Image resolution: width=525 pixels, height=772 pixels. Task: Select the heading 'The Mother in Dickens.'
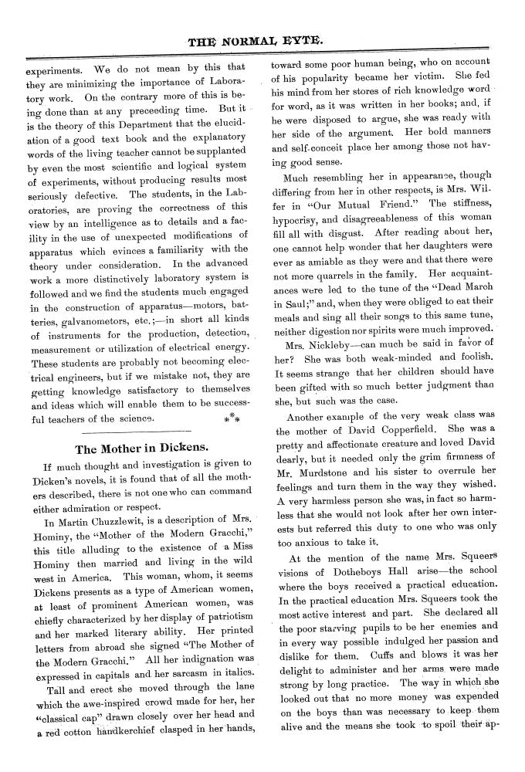tap(141, 448)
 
